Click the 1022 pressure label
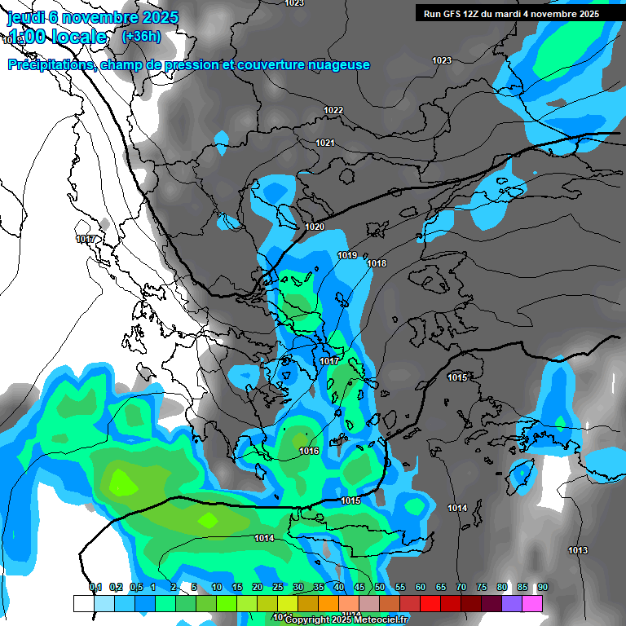333,110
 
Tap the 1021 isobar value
325,143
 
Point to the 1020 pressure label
315,227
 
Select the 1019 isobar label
347,255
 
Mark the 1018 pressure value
377,263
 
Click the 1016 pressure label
309,451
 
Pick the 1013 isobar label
578,551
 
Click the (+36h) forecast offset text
141,36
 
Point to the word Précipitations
51,64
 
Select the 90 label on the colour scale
542,587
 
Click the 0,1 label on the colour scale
95,587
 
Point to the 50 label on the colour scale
380,587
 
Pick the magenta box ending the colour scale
531,603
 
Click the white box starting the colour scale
83,603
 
